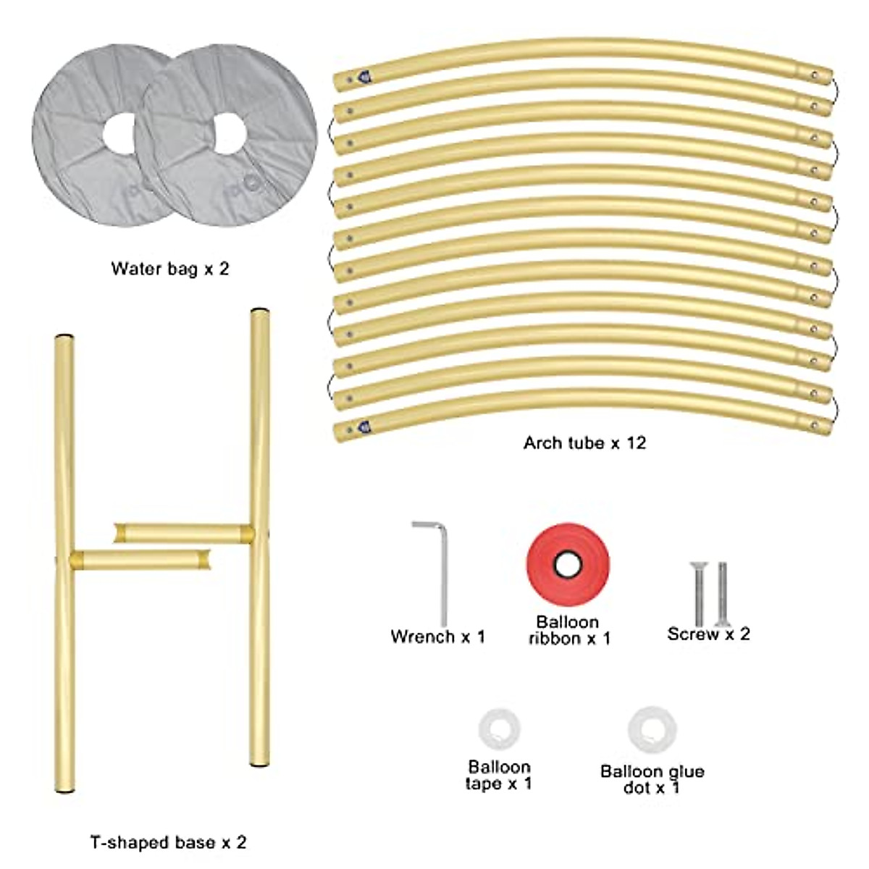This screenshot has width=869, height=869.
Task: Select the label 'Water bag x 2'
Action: [170, 269]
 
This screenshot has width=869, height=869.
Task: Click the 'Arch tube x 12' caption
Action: [584, 442]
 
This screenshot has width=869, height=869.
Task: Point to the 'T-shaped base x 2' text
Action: [168, 843]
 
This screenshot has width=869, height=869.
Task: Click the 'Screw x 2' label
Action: [708, 634]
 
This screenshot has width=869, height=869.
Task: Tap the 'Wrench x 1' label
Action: [437, 637]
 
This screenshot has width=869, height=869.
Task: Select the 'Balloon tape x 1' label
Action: [499, 775]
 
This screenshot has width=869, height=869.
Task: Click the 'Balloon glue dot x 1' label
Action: [652, 779]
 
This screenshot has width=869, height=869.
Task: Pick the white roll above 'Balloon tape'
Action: [499, 729]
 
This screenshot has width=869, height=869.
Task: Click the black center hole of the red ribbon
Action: [567, 564]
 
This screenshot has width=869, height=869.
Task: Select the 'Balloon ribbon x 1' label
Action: [568, 630]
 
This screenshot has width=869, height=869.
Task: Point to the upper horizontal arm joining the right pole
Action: [181, 534]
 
